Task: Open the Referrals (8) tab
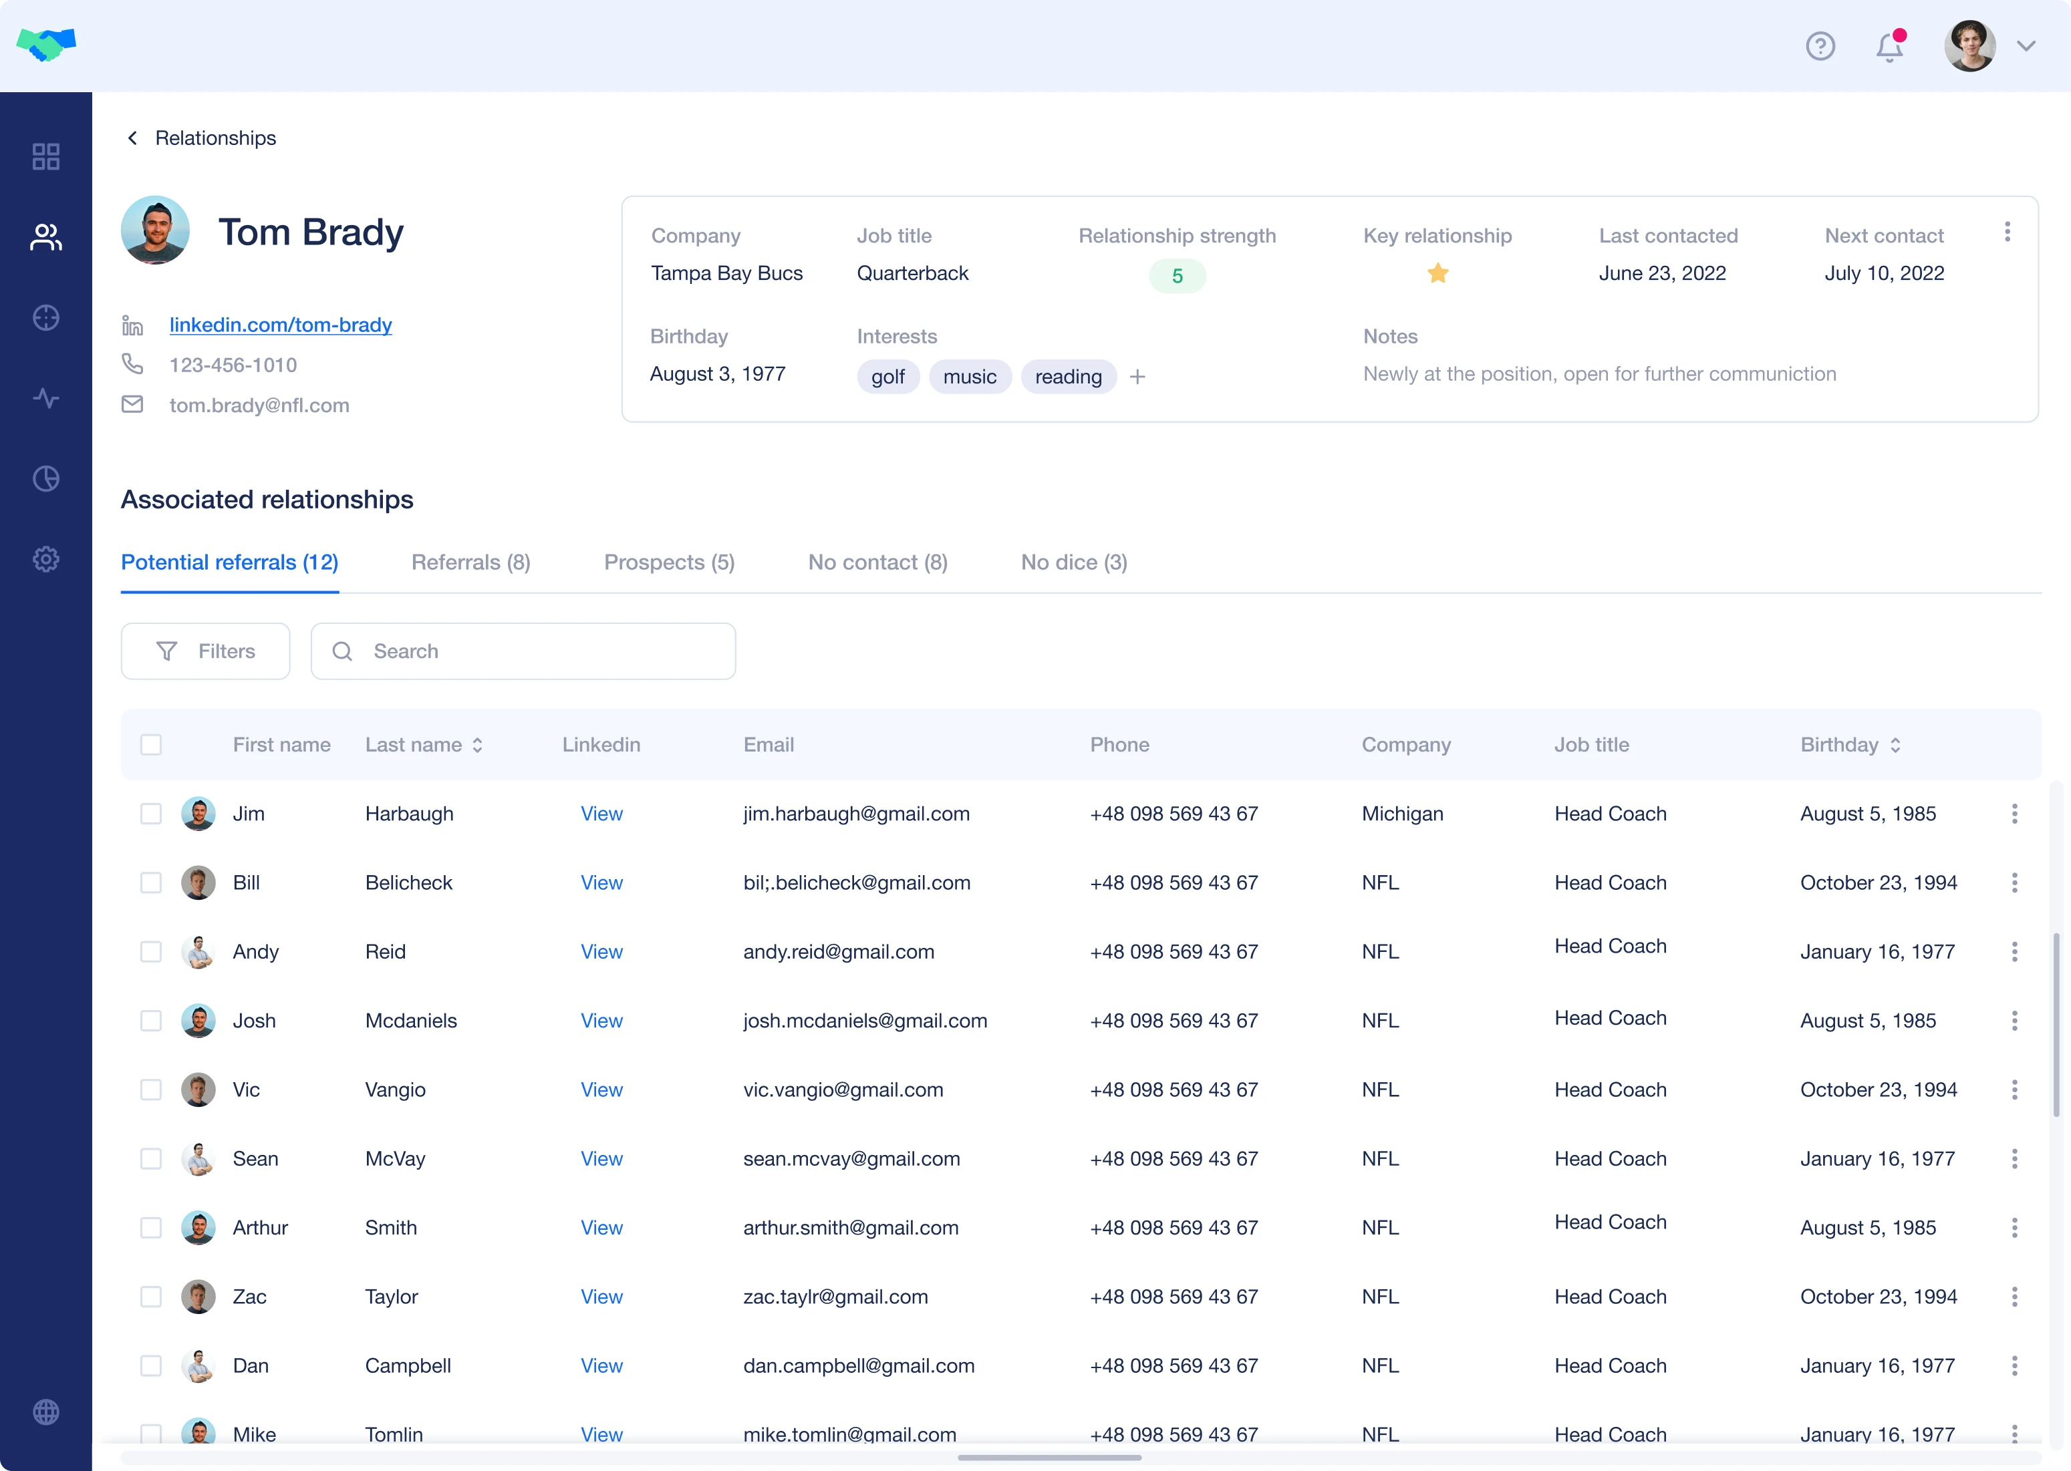470,562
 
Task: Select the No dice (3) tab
1073,562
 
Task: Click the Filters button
206,651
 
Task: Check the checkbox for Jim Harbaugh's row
151,814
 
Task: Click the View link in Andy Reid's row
601,952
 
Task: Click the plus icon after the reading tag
1138,377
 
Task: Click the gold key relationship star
1437,273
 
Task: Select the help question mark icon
1820,46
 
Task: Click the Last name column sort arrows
477,746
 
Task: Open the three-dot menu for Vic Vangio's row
2015,1090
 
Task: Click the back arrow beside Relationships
133,138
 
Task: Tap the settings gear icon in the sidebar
46,559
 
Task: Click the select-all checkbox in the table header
151,746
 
